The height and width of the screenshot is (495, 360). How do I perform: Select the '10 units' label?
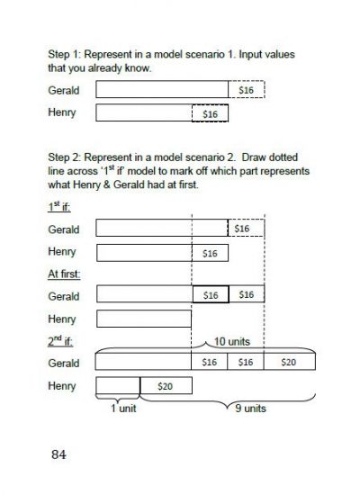point(230,343)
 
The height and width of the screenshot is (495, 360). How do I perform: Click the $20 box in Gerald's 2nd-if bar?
point(287,362)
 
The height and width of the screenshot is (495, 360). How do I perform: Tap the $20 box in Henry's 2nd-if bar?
point(166,384)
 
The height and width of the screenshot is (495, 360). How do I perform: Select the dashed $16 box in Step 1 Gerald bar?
point(246,90)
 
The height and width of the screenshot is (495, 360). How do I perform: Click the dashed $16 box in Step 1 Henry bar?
point(210,113)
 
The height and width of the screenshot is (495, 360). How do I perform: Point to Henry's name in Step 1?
point(62,113)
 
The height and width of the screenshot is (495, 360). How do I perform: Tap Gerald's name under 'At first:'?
point(64,295)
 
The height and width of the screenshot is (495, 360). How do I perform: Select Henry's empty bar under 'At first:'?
point(143,318)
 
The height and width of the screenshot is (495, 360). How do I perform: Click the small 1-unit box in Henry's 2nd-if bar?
point(117,385)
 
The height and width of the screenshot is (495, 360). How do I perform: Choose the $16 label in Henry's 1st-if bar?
point(210,252)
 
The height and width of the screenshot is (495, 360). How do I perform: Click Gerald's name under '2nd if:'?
point(64,363)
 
